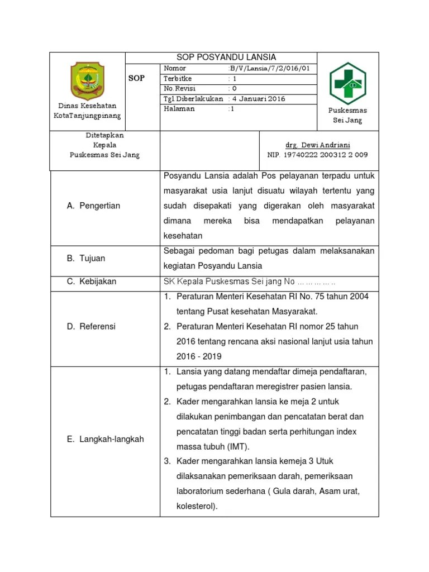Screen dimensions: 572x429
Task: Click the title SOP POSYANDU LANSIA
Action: pos(226,58)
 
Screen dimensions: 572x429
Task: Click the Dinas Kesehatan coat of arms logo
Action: pos(87,81)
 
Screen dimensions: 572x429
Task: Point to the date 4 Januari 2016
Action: pos(259,99)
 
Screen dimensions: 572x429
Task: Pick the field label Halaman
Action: pos(179,109)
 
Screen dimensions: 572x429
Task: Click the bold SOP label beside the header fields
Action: pos(136,78)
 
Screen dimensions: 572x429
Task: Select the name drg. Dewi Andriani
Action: pos(318,145)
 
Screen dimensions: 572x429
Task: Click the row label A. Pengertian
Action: pos(93,206)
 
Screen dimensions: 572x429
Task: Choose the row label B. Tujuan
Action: pos(86,258)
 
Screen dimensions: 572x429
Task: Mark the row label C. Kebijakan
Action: pos(92,282)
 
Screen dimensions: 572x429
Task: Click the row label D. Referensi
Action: pos(91,326)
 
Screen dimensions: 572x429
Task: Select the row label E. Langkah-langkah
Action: pos(105,439)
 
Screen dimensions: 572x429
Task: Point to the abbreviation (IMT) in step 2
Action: pos(237,447)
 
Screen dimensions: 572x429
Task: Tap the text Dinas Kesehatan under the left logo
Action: pos(87,106)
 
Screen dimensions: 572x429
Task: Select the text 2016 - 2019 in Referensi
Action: pos(199,356)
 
